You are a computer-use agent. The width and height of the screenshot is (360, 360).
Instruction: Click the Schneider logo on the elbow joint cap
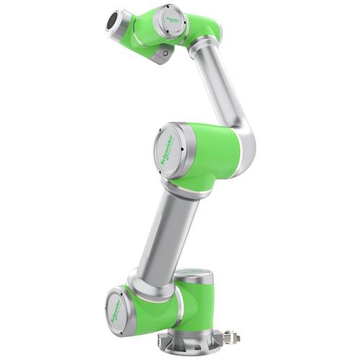point(171,151)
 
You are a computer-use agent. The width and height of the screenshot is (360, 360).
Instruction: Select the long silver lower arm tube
point(168,230)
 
